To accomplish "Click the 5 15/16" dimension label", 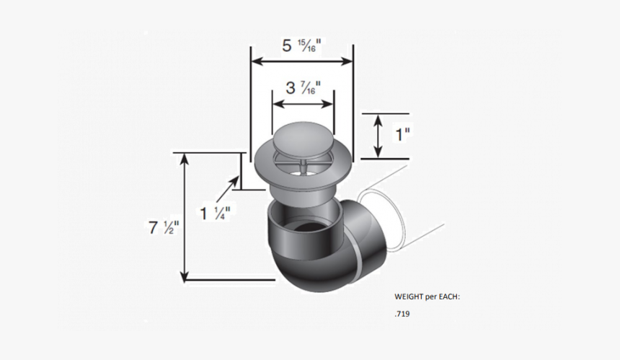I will [301, 46].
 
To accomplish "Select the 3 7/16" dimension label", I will [303, 89].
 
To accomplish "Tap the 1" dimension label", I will [402, 134].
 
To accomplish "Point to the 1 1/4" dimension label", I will [216, 214].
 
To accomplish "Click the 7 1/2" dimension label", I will [164, 227].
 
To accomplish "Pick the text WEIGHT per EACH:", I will [427, 297].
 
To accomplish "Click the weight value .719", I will [402, 315].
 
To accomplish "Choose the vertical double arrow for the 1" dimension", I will [378, 136].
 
